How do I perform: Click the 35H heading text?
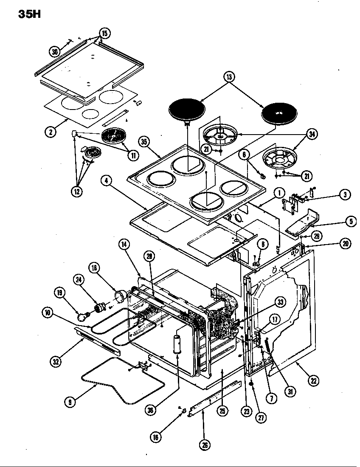(x=29, y=14)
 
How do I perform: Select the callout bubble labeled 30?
(x=55, y=52)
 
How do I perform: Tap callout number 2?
(x=50, y=132)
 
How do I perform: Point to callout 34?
(x=312, y=135)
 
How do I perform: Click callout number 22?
(x=313, y=381)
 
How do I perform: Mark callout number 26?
(x=205, y=444)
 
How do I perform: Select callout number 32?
(x=56, y=362)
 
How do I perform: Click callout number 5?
(x=351, y=221)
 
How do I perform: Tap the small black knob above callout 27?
(x=251, y=384)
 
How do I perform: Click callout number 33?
(x=280, y=302)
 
